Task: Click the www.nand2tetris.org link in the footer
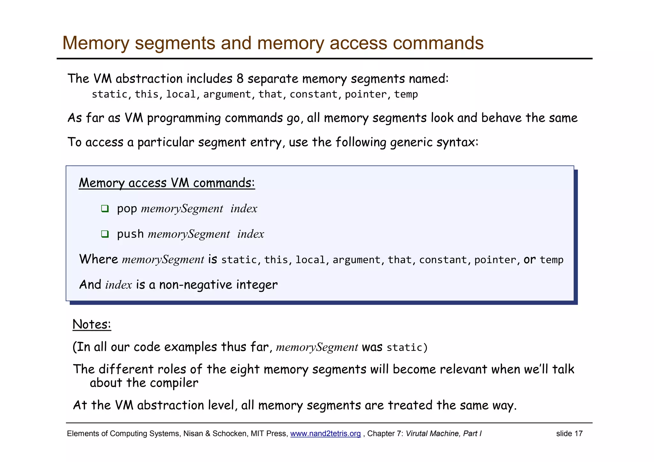[x=325, y=434]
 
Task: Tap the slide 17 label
[x=569, y=434]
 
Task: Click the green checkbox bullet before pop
[x=105, y=209]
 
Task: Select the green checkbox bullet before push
[x=105, y=234]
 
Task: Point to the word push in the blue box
[x=130, y=234]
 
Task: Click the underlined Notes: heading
[x=92, y=324]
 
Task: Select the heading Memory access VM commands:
[x=167, y=183]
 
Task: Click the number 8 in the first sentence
[x=240, y=79]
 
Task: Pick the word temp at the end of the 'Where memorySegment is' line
[x=551, y=260]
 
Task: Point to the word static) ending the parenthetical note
[x=407, y=347]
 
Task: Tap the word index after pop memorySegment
[x=244, y=209]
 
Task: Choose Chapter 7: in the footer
[x=385, y=434]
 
